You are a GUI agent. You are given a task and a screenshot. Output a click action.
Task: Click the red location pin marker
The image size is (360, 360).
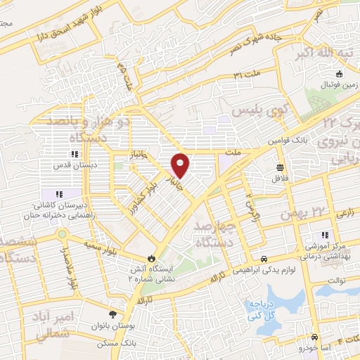[181, 165]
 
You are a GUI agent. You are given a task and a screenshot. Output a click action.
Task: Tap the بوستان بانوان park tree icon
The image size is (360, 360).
[114, 313]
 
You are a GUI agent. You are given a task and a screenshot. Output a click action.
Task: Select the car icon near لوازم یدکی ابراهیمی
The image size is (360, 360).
[264, 259]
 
